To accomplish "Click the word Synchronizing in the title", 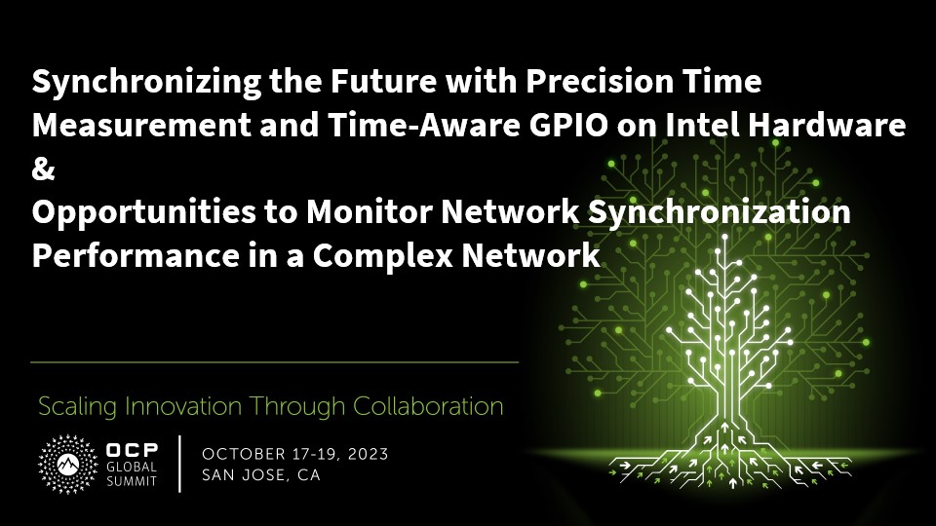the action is click(146, 83).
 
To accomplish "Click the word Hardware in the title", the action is click(828, 125).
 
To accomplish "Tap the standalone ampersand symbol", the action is click(43, 169).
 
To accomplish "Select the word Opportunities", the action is click(143, 213).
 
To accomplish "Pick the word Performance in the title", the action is click(136, 255).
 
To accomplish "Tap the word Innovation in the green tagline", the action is click(182, 407).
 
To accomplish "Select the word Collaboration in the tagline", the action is click(428, 407).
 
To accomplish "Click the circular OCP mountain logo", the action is click(68, 464).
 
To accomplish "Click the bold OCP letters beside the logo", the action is click(132, 450).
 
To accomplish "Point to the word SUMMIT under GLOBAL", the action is click(132, 480).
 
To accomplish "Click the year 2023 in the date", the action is click(368, 455).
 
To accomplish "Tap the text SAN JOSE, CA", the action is click(261, 475).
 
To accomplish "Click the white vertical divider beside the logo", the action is click(179, 464).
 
